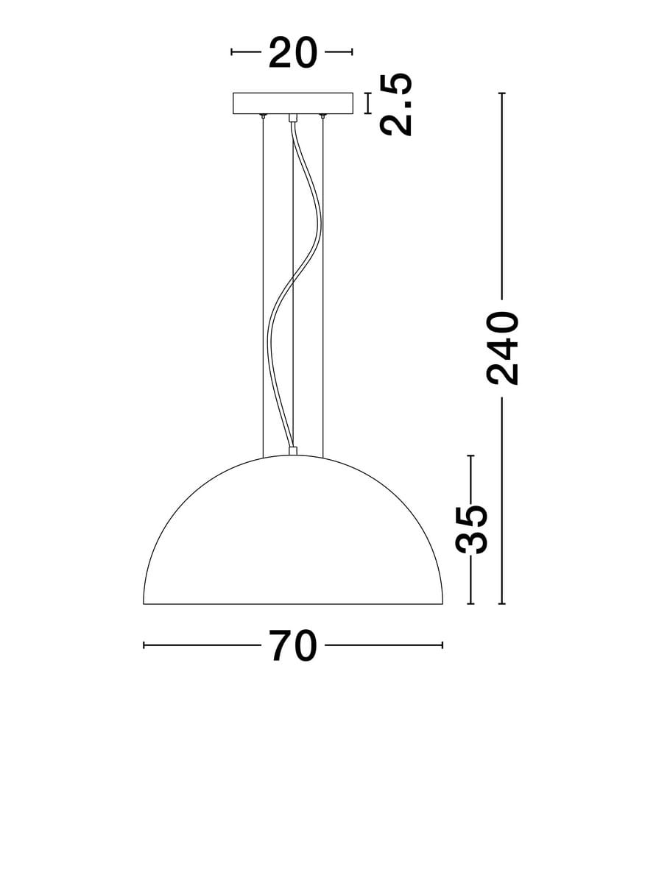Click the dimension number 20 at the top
pos(292,52)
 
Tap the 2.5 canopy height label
pos(396,104)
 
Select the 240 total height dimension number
pos(502,348)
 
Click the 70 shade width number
pos(292,645)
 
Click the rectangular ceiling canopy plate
pos(293,104)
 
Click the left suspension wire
pos(263,287)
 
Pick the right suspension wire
pos(322,287)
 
